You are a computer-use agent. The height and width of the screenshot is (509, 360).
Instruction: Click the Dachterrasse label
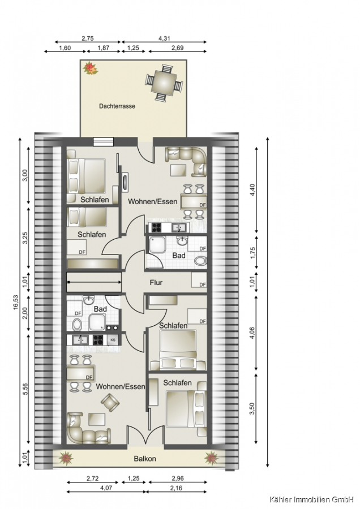(x=117, y=106)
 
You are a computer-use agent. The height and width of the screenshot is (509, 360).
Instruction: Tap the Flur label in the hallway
(x=156, y=282)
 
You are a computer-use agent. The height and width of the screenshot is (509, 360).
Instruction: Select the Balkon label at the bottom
(x=145, y=459)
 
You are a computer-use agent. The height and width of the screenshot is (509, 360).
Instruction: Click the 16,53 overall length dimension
(x=16, y=302)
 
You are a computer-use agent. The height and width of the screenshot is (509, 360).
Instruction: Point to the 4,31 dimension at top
(x=164, y=38)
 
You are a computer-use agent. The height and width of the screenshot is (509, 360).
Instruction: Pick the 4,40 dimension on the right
(x=253, y=189)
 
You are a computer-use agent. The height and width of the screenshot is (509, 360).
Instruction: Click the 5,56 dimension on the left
(x=26, y=389)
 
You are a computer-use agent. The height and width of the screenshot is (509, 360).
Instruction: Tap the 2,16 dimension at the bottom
(x=177, y=488)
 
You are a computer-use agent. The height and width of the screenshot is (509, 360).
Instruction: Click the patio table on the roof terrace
(x=164, y=82)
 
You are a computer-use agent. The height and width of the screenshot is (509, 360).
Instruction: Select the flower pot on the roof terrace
(x=91, y=68)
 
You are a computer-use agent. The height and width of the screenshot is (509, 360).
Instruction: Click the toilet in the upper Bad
(x=201, y=260)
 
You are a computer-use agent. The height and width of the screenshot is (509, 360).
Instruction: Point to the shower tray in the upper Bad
(x=157, y=244)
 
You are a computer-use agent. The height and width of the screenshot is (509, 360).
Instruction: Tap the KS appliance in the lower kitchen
(x=113, y=340)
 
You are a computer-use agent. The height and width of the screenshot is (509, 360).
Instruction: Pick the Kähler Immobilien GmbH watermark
(x=311, y=499)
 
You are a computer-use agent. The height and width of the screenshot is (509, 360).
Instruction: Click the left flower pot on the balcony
(x=66, y=458)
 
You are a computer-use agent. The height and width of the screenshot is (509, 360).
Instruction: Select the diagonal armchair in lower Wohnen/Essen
(x=110, y=403)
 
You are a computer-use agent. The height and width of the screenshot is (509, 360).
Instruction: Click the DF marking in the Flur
(x=203, y=284)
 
